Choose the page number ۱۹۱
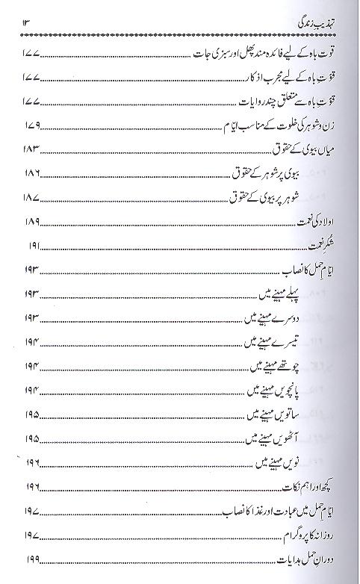click(31, 246)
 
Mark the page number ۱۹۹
click(31, 561)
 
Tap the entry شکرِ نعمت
click(329, 246)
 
